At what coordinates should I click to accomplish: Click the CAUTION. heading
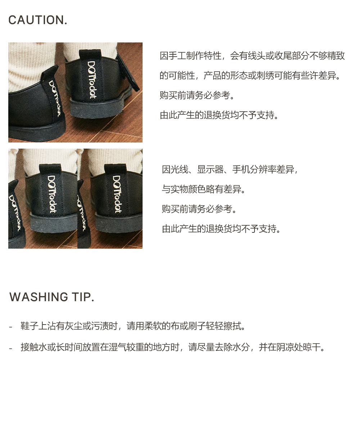pos(37,20)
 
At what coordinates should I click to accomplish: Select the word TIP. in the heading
pos(83,297)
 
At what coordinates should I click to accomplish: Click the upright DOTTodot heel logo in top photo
pos(91,80)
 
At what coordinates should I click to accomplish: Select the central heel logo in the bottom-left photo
pos(51,194)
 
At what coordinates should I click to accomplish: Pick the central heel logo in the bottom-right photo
pos(117,194)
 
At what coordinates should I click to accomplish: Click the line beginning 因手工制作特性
pos(252,56)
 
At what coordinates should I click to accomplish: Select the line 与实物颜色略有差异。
pos(204,189)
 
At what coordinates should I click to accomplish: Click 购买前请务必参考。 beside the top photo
pos(197,95)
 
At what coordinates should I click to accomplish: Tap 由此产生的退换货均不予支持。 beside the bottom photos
pos(221,229)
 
